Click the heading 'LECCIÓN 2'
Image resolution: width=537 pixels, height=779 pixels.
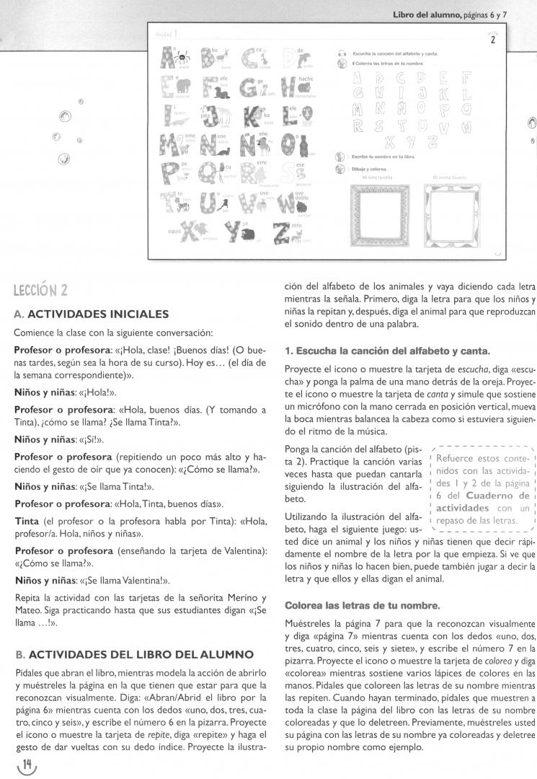(x=40, y=290)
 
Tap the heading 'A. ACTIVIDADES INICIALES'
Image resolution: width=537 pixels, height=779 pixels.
(x=92, y=314)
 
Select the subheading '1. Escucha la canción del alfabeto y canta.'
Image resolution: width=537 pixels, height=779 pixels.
(x=387, y=351)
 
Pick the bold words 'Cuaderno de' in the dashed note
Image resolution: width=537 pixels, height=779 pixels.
(x=498, y=496)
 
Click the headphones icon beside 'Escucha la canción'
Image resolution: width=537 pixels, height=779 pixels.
(x=342, y=54)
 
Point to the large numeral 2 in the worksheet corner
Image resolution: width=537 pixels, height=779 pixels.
(x=493, y=39)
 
